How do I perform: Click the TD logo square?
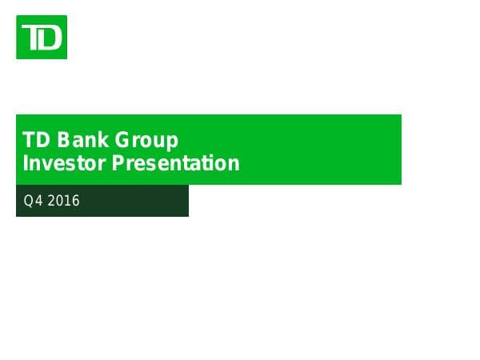point(42,37)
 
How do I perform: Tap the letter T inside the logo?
point(32,37)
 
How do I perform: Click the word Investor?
point(64,164)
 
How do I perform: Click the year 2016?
point(64,201)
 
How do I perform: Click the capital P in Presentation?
point(117,164)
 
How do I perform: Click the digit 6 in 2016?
point(76,201)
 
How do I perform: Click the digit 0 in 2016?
point(60,201)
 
